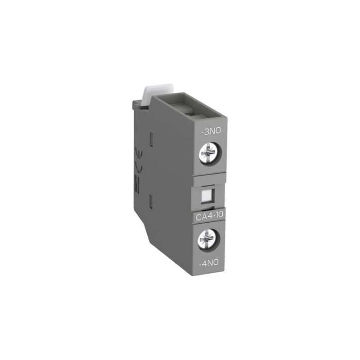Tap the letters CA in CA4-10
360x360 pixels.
[x=200, y=218]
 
